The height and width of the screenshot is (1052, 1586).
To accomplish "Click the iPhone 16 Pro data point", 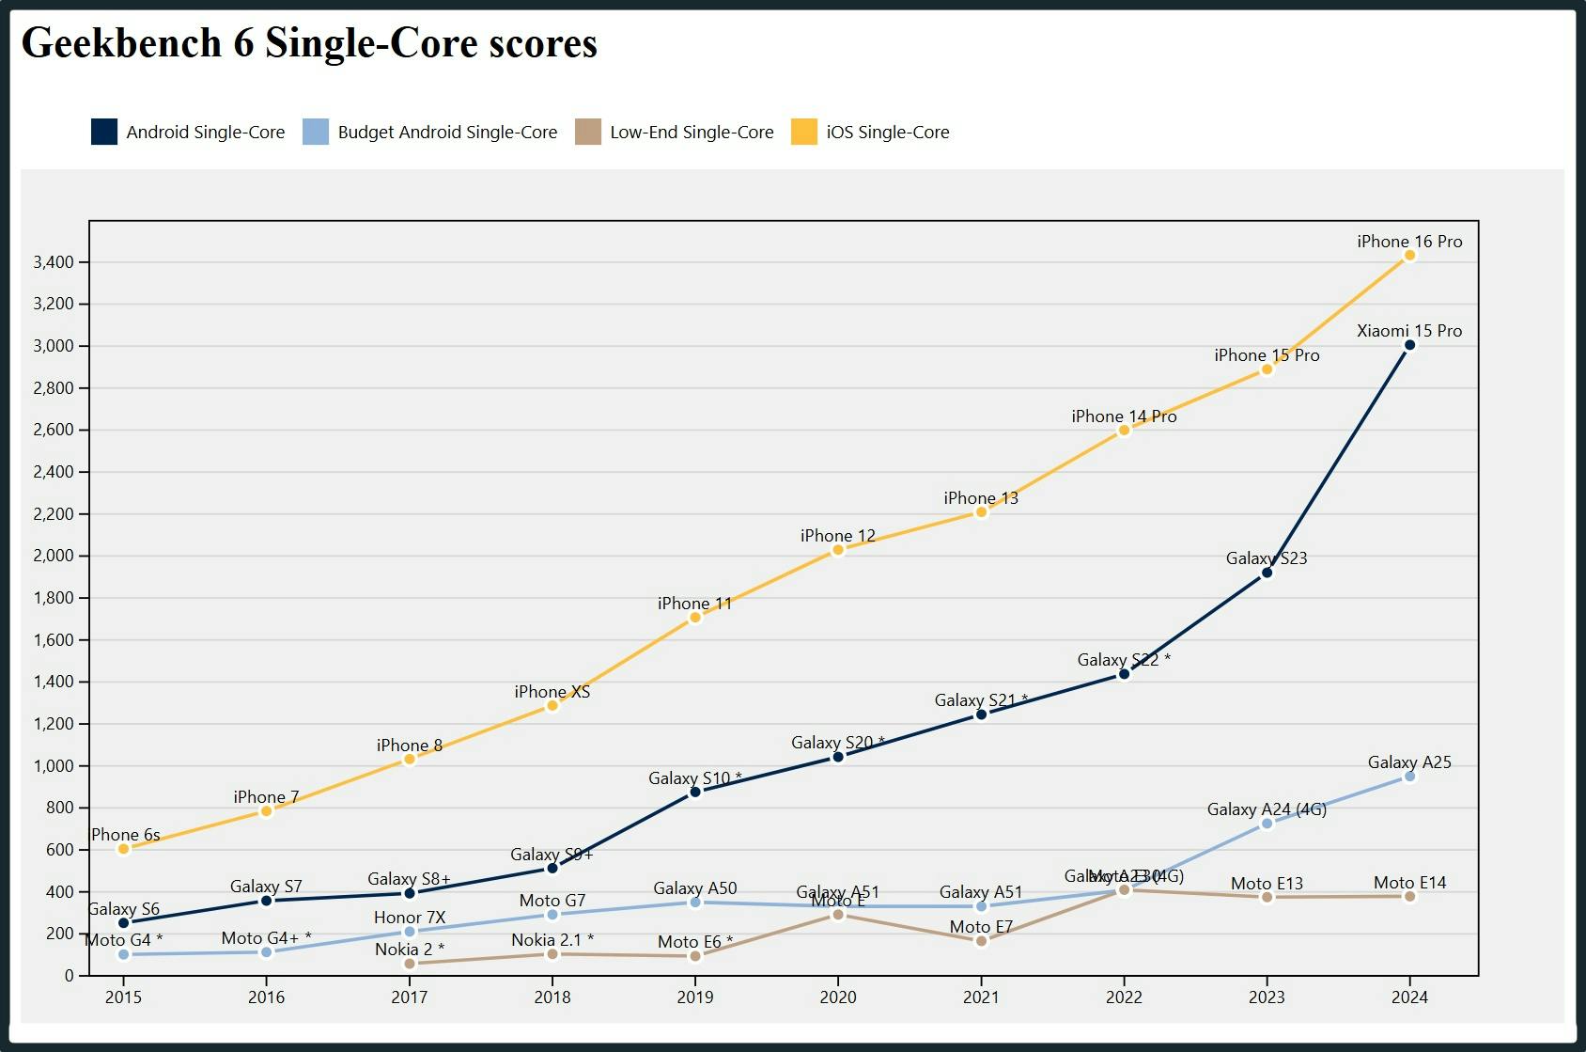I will pos(1409,256).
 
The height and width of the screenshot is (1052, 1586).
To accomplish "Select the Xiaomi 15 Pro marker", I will pos(1409,345).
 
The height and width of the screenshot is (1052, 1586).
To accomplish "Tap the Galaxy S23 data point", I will pos(1267,573).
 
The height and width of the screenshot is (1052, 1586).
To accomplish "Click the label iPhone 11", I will pos(694,604).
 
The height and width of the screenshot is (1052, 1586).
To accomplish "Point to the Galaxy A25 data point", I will pos(1409,777).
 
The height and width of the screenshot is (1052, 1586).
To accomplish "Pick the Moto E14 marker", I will pos(1409,897).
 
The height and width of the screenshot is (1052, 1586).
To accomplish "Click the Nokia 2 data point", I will pos(410,964).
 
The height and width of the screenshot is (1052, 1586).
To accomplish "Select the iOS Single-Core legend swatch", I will pos(804,132).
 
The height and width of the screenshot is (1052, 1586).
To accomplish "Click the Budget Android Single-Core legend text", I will pos(447,133).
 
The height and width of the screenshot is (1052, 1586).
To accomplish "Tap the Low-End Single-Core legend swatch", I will pos(588,132).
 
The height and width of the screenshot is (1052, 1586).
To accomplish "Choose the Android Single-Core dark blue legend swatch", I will pos(104,132).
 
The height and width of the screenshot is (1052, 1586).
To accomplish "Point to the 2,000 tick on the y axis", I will pos(54,556).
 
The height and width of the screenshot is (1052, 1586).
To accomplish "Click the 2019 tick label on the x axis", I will pos(694,997).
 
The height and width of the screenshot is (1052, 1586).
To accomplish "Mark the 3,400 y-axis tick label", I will pos(54,262).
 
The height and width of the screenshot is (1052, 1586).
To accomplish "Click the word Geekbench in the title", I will pos(121,43).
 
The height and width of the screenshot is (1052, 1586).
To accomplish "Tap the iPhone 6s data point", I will pos(123,849).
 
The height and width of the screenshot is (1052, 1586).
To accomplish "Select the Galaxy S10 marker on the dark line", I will pos(695,792).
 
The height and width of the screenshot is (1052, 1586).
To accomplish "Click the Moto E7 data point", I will pos(981,941).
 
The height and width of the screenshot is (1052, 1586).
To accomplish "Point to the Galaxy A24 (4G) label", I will pos(1267,809).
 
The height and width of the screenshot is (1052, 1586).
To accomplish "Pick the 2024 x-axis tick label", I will pos(1409,997).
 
